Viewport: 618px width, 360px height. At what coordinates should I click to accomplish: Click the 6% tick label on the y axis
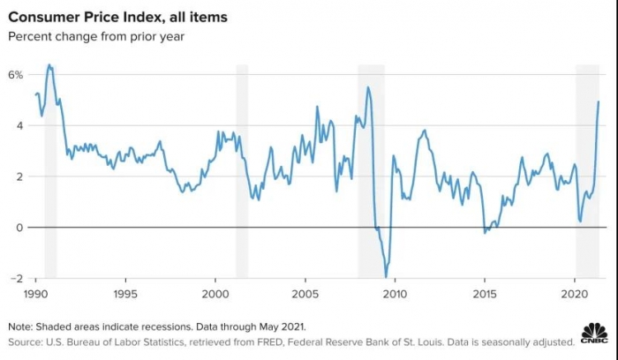pos(16,76)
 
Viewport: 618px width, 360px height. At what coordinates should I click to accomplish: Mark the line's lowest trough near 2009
pos(387,276)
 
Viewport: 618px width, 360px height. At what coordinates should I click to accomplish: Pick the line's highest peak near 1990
pos(49,64)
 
